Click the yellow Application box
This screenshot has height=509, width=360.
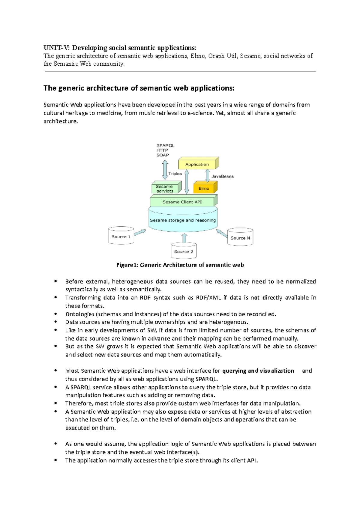pyautogui.click(x=197, y=164)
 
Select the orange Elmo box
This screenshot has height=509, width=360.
pyautogui.click(x=204, y=188)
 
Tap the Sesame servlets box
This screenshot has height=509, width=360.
pyautogui.click(x=165, y=189)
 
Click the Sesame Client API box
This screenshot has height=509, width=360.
pyautogui.click(x=182, y=202)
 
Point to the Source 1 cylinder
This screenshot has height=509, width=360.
pyautogui.click(x=121, y=237)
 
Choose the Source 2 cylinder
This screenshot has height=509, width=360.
pyautogui.click(x=184, y=251)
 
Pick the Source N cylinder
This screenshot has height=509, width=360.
pyautogui.click(x=240, y=238)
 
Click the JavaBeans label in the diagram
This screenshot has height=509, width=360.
pyautogui.click(x=222, y=176)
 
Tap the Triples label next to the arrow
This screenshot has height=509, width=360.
pyautogui.click(x=175, y=174)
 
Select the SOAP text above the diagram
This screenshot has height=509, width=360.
pyautogui.click(x=163, y=155)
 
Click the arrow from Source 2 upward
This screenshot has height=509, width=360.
pyautogui.click(x=184, y=238)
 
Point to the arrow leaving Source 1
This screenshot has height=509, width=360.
pyautogui.click(x=140, y=232)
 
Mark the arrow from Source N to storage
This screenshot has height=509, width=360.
pyautogui.click(x=222, y=233)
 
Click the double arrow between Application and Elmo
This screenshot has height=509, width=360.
pyautogui.click(x=208, y=176)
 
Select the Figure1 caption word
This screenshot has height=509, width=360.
pyautogui.click(x=127, y=265)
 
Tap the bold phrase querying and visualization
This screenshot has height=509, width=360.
pyautogui.click(x=258, y=371)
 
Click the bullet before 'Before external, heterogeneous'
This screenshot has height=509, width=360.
pyautogui.click(x=55, y=281)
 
